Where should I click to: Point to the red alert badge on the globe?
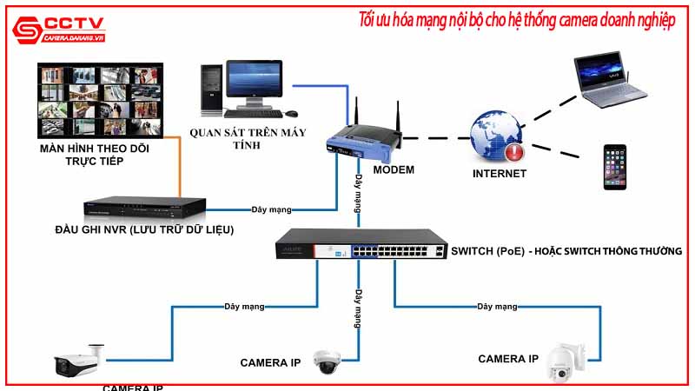[x=514, y=154]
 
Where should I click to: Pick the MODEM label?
[x=394, y=169]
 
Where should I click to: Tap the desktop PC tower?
[x=211, y=89]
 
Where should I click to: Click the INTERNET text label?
[x=499, y=174]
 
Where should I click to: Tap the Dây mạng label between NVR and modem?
[x=271, y=209]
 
